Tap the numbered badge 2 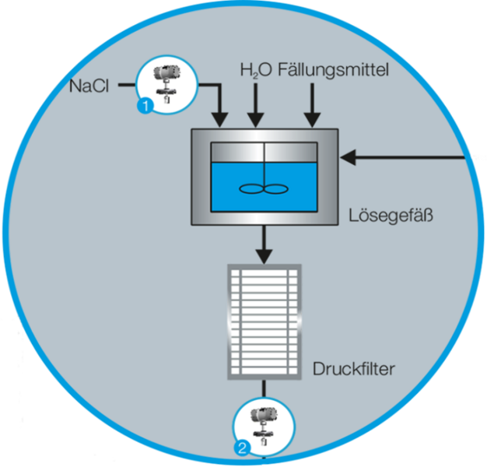tap(242, 448)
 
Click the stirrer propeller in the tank tap(264, 188)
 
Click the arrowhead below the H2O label tap(254, 120)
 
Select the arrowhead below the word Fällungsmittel tap(312, 120)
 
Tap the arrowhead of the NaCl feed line tap(220, 120)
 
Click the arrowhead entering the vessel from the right tap(349, 158)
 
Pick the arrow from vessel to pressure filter tap(265, 245)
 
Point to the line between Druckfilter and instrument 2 tap(264, 388)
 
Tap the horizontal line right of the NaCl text tap(128, 87)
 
